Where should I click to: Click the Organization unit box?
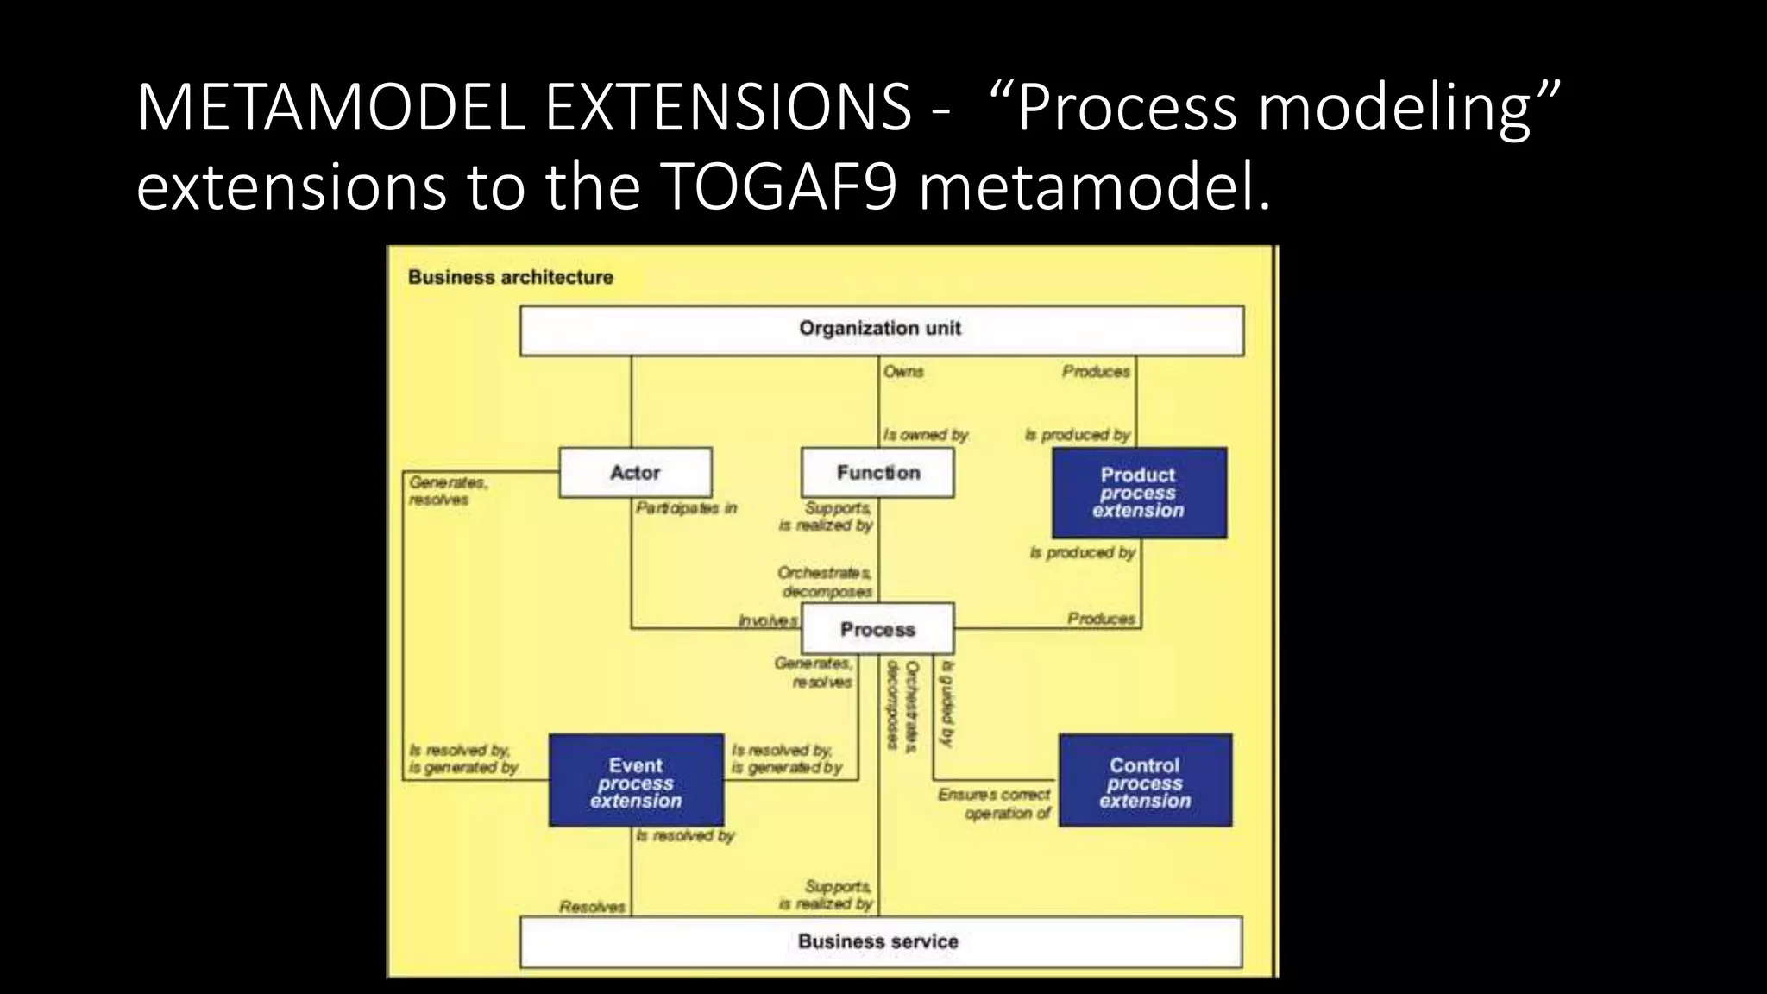point(881,330)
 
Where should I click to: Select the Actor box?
point(635,472)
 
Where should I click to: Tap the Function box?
point(877,472)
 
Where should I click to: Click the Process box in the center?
point(877,629)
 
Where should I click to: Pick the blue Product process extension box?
point(1139,493)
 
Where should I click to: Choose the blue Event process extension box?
point(636,781)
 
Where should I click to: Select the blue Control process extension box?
point(1145,781)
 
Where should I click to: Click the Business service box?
point(880,941)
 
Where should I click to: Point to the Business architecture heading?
point(510,277)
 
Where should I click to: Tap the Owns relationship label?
point(903,372)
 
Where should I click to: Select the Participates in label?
point(686,508)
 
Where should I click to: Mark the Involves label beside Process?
point(768,620)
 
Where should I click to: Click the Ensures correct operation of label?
point(995,803)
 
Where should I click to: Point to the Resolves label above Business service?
point(592,907)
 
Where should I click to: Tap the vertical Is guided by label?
point(947,704)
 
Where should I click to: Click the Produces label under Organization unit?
point(1096,372)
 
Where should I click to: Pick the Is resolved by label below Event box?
point(685,836)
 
